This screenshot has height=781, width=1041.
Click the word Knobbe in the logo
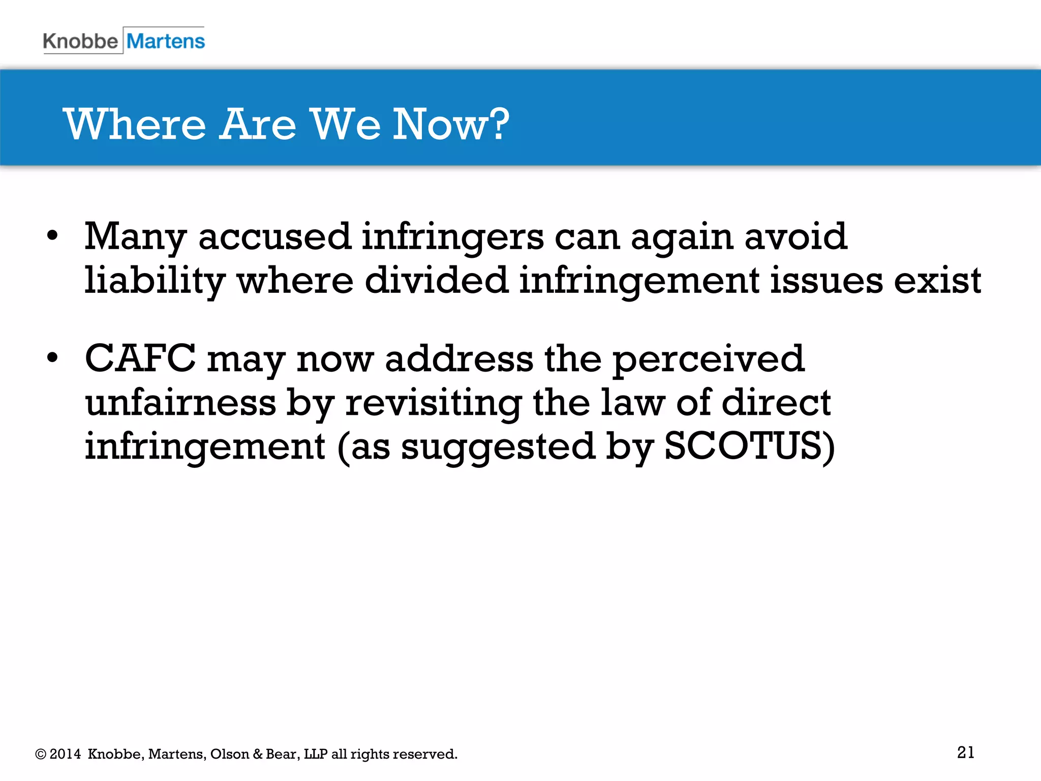coord(80,41)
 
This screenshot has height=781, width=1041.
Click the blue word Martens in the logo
coord(166,41)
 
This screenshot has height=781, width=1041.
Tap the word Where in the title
coord(135,125)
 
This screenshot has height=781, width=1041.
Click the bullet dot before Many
coord(52,236)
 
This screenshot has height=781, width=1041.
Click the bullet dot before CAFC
coord(52,358)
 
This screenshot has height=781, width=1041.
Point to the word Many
coord(135,237)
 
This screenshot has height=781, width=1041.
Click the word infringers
coord(452,237)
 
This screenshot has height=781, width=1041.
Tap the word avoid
coord(796,237)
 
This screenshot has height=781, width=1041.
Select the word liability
coord(155,281)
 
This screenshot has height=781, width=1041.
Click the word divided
coord(436,281)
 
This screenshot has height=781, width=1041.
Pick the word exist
coord(937,281)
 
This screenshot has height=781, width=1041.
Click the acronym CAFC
coord(140,359)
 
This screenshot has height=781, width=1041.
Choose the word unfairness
coord(180,403)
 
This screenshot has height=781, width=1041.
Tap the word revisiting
coord(433,403)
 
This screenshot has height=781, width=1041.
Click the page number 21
coord(966,753)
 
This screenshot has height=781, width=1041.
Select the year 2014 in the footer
coord(65,754)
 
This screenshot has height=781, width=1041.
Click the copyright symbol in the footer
coord(41,754)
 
